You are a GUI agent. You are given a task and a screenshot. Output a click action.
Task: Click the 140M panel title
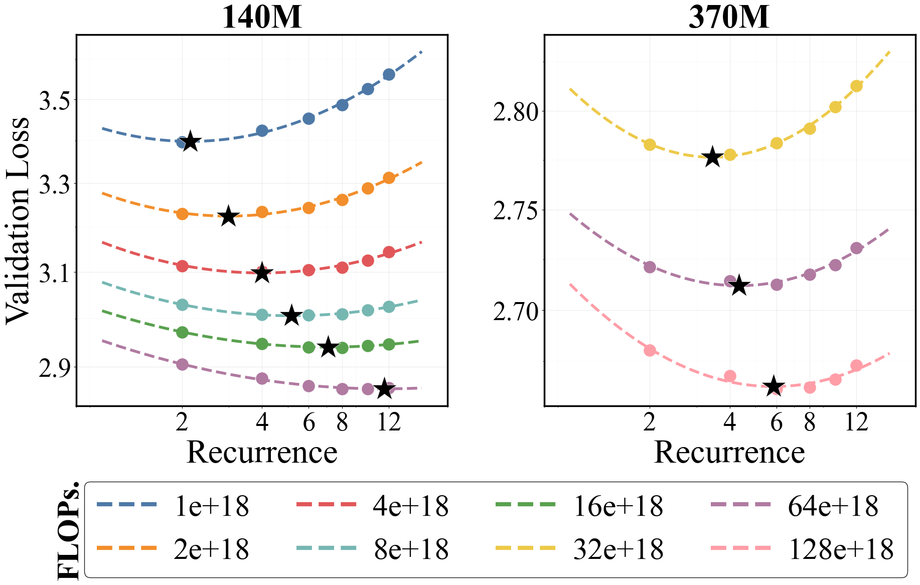pyautogui.click(x=261, y=17)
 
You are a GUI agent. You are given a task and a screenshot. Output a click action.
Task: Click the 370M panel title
pyautogui.click(x=729, y=17)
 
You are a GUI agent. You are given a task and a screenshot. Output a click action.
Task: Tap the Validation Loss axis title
pyautogui.click(x=18, y=220)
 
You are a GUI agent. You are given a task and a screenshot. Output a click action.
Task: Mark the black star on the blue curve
pyautogui.click(x=190, y=141)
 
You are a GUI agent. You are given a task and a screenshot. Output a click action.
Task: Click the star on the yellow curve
pyautogui.click(x=712, y=158)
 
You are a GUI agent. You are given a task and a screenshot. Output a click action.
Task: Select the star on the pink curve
pyautogui.click(x=774, y=386)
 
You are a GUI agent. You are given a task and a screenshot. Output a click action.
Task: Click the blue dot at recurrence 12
pyautogui.click(x=389, y=74)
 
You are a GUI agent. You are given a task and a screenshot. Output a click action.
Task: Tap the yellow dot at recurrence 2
pyautogui.click(x=650, y=144)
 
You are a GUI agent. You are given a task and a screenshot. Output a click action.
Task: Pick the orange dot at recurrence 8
pyautogui.click(x=342, y=200)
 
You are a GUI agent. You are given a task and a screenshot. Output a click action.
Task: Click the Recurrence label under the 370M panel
pyautogui.click(x=729, y=452)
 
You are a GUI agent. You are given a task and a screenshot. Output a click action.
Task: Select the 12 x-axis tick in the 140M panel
pyautogui.click(x=389, y=423)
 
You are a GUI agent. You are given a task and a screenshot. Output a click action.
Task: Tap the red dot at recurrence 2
pyautogui.click(x=183, y=266)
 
